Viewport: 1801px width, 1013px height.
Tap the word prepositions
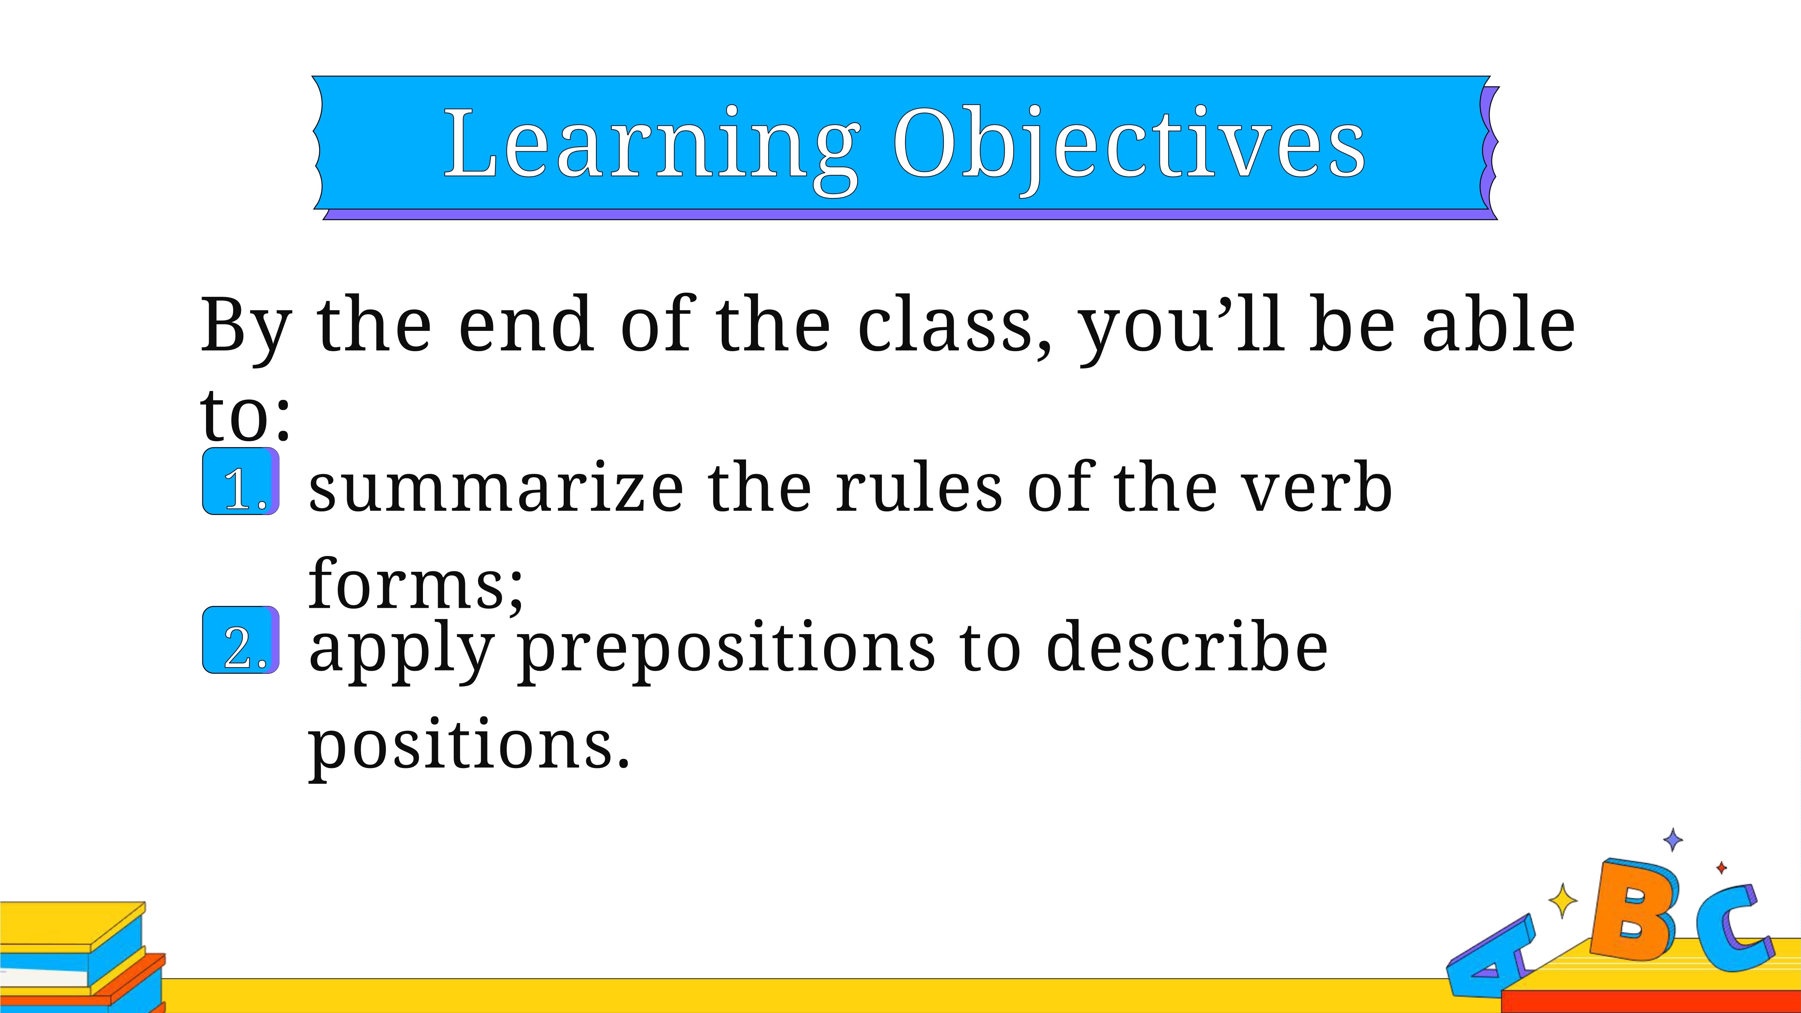click(727, 650)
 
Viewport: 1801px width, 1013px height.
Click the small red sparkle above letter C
click(1721, 867)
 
